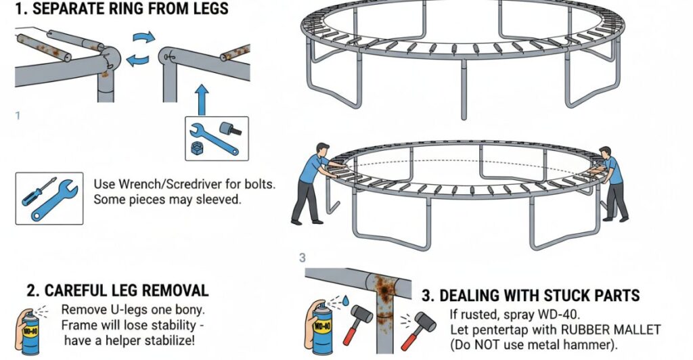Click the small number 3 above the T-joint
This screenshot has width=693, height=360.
pyautogui.click(x=303, y=258)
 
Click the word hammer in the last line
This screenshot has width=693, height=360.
pyautogui.click(x=586, y=346)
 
